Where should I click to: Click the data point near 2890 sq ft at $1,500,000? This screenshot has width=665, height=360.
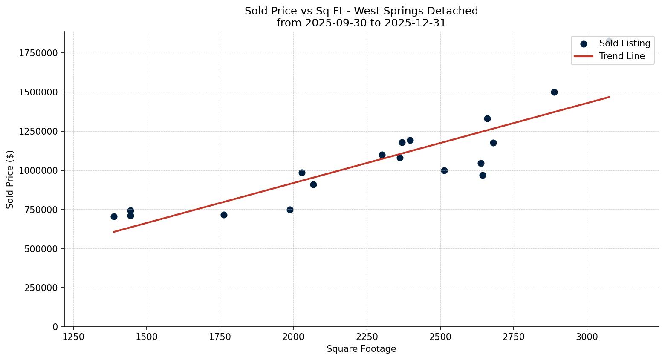[x=554, y=92]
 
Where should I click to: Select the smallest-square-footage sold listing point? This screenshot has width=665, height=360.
[x=114, y=216]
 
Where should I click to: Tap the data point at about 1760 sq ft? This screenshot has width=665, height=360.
[x=224, y=215]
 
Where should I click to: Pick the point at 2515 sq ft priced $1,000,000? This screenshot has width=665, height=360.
[x=444, y=170]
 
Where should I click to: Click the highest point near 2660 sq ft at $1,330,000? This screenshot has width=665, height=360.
[x=487, y=118]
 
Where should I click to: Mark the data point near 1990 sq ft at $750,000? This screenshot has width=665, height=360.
[x=290, y=210]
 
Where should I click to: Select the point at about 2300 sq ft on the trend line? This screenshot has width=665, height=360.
[x=382, y=155]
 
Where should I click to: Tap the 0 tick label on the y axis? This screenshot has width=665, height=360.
[x=55, y=327]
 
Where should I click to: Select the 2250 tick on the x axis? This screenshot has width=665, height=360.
[x=367, y=337]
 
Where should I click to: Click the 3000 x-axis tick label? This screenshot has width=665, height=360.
[x=587, y=337]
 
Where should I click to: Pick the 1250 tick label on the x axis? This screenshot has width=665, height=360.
[x=73, y=337]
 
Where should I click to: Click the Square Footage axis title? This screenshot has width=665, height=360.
[x=361, y=349]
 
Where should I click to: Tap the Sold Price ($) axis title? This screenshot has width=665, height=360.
[x=10, y=179]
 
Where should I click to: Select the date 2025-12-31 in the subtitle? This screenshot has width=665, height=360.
[x=415, y=23]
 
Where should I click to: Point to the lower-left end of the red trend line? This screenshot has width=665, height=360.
[x=114, y=232]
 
